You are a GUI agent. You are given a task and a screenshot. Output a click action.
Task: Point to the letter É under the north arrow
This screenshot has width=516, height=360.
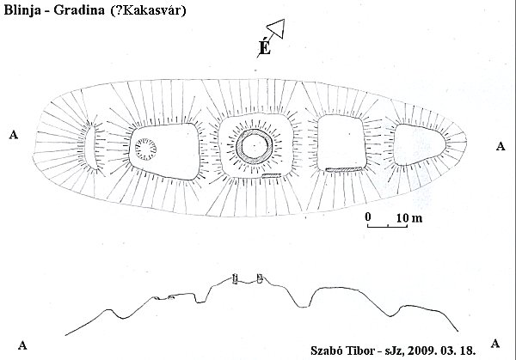click(x=265, y=49)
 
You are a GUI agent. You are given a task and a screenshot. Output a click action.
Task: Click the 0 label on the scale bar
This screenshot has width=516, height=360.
click(x=367, y=216)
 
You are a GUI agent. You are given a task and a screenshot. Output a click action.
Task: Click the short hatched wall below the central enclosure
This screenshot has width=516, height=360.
click(x=272, y=175)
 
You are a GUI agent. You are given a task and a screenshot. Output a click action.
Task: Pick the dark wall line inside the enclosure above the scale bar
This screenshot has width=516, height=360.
click(x=343, y=168)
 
